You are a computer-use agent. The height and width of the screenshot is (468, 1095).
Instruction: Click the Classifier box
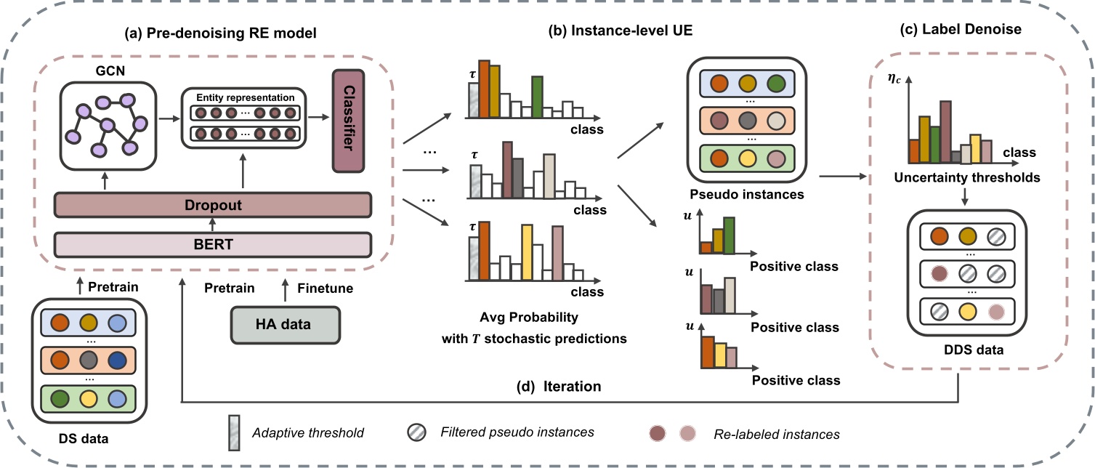(x=348, y=121)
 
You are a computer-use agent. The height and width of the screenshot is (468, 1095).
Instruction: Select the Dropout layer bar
(x=214, y=205)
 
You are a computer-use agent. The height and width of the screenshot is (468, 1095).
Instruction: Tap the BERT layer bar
(x=214, y=244)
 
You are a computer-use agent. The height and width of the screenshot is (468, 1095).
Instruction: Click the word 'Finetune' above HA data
(x=325, y=289)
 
